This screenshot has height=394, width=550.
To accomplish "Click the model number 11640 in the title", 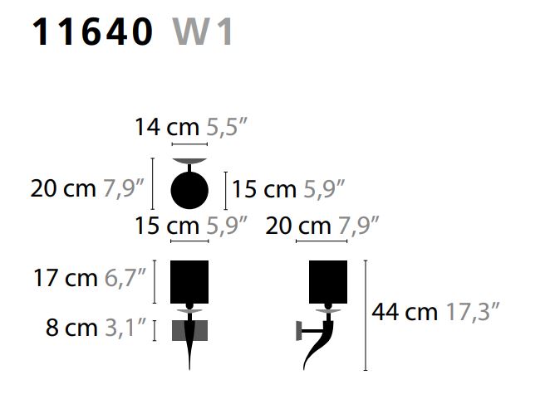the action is click(92, 32).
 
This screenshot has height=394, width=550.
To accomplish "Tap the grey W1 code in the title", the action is click(203, 32).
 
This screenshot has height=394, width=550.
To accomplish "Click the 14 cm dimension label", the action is click(167, 127).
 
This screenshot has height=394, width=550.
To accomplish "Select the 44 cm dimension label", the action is click(405, 311).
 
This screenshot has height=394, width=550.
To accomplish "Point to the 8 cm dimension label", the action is click(71, 328).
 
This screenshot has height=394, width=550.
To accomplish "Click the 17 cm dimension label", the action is click(66, 278).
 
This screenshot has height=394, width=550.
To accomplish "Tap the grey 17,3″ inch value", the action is click(472, 311).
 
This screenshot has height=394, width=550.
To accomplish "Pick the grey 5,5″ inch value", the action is click(227, 127).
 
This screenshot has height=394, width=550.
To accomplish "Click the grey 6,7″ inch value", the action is click(125, 278).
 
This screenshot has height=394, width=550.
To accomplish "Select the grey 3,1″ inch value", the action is click(125, 328).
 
